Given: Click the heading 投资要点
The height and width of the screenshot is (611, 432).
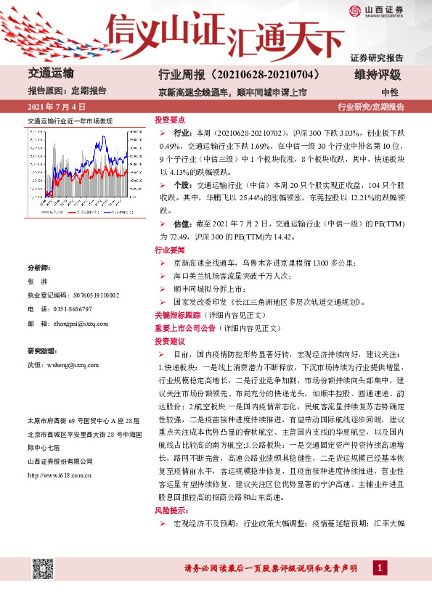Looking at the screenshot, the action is (x=170, y=120).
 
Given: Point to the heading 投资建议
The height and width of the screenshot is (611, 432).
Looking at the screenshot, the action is (x=170, y=340).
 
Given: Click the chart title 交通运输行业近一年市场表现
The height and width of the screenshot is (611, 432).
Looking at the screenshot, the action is (x=70, y=120).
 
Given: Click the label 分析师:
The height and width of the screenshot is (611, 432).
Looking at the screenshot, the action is (x=39, y=267).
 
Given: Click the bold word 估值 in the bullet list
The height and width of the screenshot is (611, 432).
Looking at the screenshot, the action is (x=182, y=226).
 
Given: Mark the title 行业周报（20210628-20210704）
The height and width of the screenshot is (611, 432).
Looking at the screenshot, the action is (x=239, y=75).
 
